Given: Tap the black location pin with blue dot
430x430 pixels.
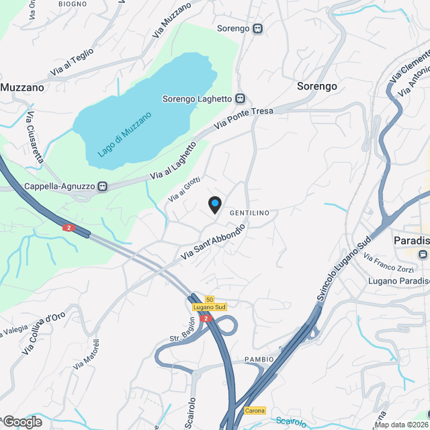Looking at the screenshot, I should [214, 204].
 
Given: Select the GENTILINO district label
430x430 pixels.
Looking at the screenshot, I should [249, 213].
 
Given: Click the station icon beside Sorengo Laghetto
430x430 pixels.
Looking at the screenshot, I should [240, 99].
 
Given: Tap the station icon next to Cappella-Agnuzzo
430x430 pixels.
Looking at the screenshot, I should [103, 187].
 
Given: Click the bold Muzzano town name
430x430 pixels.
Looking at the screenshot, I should [22, 87].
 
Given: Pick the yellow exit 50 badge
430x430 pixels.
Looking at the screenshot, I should [210, 299].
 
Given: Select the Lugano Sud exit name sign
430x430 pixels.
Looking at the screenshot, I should [209, 307].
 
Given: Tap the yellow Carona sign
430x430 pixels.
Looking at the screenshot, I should [255, 411].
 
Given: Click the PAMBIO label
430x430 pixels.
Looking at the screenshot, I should [259, 359].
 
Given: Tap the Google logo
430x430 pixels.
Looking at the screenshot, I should [22, 422].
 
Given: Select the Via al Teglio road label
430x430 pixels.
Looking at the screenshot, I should [72, 64].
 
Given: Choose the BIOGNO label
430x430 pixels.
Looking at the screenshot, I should [73, 4].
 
